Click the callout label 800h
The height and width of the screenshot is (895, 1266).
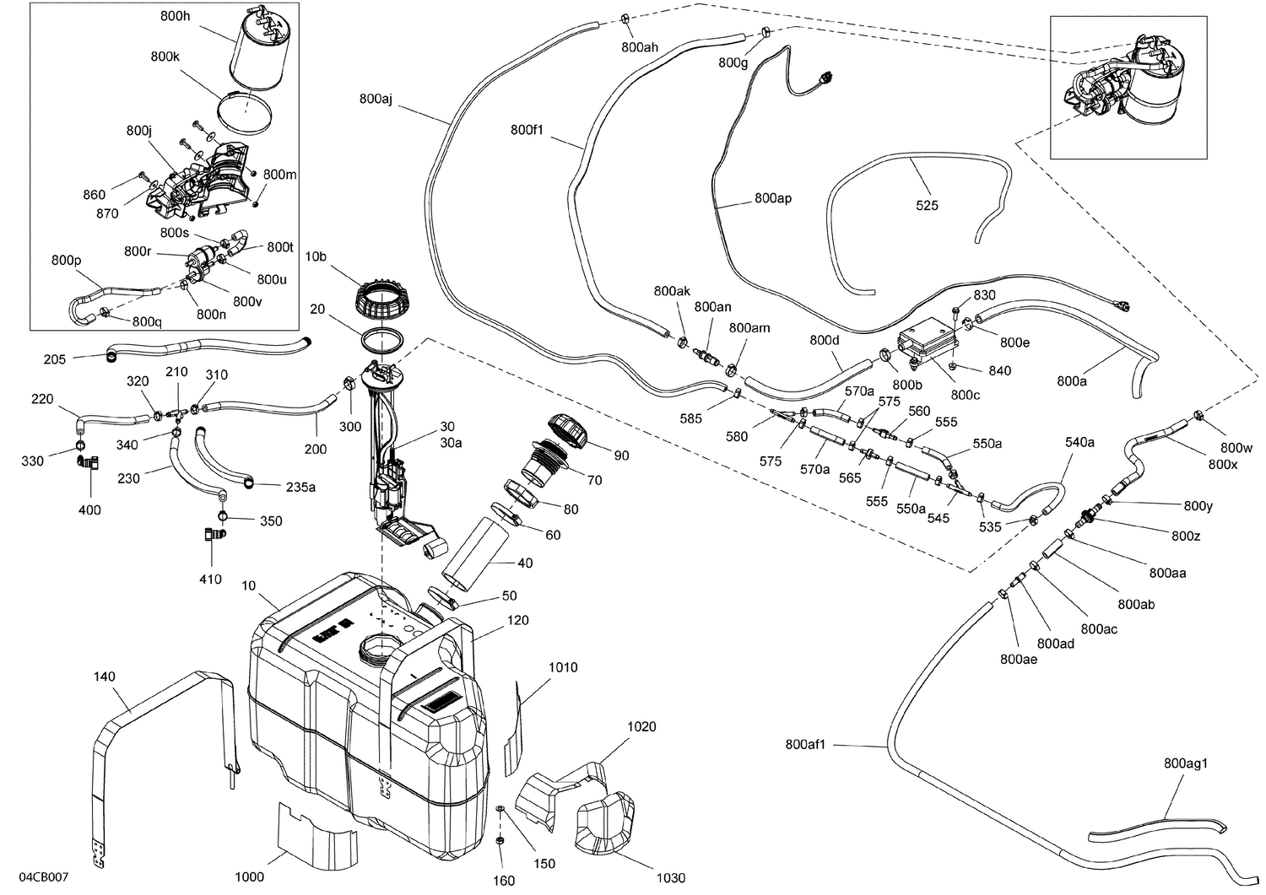175,16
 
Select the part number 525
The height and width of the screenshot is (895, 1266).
927,205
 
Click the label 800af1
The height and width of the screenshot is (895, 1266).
805,744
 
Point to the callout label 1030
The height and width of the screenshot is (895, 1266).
670,878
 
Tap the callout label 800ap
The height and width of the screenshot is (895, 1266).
773,198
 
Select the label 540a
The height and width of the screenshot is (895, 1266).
1079,442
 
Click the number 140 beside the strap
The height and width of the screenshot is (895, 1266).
105,677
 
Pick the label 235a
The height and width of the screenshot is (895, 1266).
300,486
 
